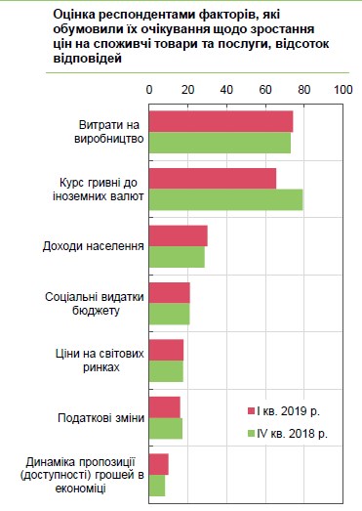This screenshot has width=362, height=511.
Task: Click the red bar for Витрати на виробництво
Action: pyautogui.click(x=221, y=121)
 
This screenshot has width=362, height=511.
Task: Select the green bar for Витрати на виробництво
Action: pyautogui.click(x=220, y=142)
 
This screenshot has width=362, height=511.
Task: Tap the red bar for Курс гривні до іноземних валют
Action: pyautogui.click(x=212, y=178)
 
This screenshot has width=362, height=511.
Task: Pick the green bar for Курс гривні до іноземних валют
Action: pyautogui.click(x=225, y=199)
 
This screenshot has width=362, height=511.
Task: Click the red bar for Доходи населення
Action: pyautogui.click(x=178, y=235)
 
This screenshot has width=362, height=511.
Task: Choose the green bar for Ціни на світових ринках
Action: pyautogui.click(x=166, y=370)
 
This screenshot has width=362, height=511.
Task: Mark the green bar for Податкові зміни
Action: pyautogui.click(x=165, y=428)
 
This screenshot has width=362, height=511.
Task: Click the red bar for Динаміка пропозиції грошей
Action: pyautogui.click(x=158, y=464)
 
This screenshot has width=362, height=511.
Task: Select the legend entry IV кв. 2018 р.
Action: pyautogui.click(x=292, y=433)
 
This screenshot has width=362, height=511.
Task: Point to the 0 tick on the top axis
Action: pyautogui.click(x=149, y=90)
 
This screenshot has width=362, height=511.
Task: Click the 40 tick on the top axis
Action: pyautogui.click(x=226, y=90)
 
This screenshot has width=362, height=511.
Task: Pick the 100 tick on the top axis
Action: pyautogui.click(x=342, y=90)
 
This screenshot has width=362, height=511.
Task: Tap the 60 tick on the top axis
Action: pyautogui.click(x=265, y=90)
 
